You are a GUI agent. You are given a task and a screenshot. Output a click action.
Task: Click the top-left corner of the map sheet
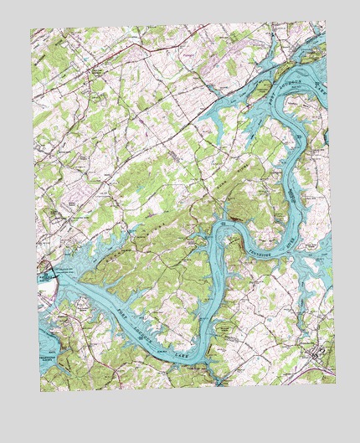pos(31,29)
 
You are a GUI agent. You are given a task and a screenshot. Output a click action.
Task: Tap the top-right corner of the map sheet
pos(325,22)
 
